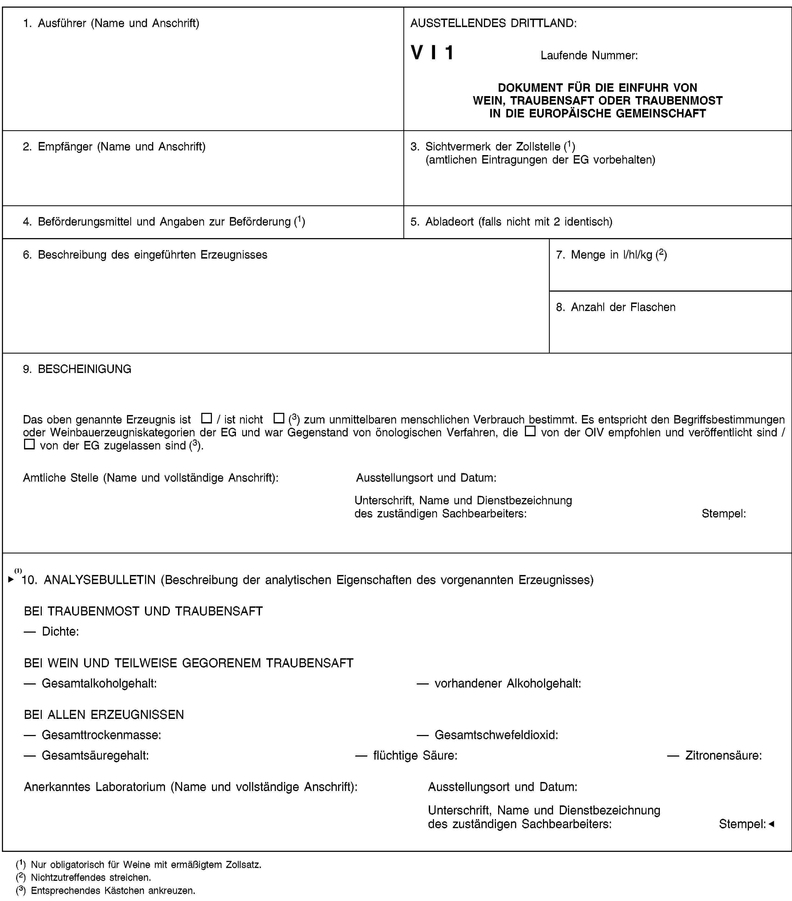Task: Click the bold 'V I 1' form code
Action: (x=432, y=53)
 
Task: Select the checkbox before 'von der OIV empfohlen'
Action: (x=530, y=431)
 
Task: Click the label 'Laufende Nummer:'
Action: (x=589, y=55)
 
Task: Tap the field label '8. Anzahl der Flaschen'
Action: (x=616, y=307)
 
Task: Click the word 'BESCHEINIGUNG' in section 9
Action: (x=85, y=369)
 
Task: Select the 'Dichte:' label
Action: (x=60, y=632)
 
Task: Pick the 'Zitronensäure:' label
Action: (x=723, y=755)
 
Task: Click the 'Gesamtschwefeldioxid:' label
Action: (x=496, y=735)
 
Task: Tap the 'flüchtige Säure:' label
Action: (x=415, y=755)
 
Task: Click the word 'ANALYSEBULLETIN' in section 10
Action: (x=100, y=580)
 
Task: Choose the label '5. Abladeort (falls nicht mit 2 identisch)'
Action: (x=512, y=222)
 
